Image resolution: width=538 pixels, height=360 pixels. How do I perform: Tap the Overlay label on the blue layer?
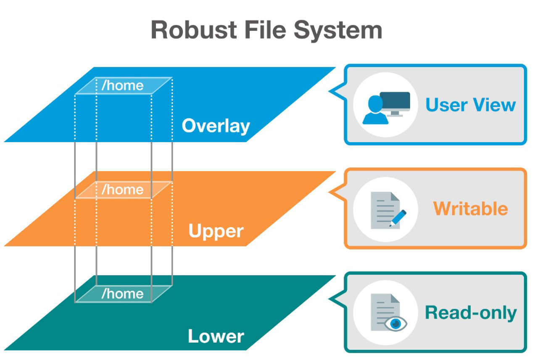click(x=216, y=126)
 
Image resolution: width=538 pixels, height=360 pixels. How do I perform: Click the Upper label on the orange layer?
click(x=216, y=231)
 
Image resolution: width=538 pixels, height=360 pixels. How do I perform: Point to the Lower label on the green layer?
click(x=216, y=336)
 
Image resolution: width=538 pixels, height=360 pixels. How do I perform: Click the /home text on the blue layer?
click(x=122, y=85)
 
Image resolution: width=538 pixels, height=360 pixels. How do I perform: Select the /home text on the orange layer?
click(x=122, y=190)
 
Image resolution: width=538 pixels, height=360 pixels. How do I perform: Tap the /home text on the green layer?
click(x=122, y=294)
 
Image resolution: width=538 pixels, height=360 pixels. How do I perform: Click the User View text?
click(x=470, y=104)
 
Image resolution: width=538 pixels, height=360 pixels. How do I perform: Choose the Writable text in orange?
click(x=470, y=209)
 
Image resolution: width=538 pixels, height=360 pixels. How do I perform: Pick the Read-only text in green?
click(x=471, y=313)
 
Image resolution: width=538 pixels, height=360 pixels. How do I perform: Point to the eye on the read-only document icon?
click(x=395, y=323)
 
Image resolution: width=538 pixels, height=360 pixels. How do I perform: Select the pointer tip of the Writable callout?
click(x=330, y=193)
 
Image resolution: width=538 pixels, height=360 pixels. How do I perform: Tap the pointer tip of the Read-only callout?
click(x=330, y=298)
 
